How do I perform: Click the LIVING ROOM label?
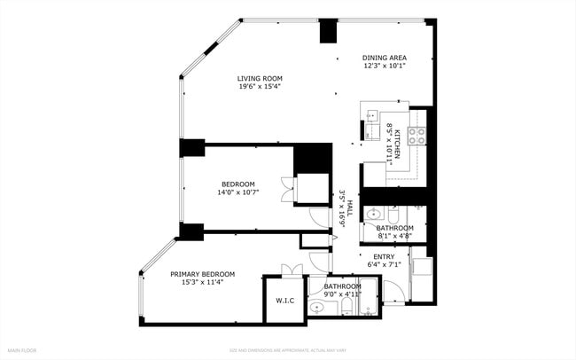coord(259,78)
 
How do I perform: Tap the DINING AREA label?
coord(384,59)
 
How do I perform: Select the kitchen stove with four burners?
coord(416,136)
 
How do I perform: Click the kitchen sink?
coord(372,115)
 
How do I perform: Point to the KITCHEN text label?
coord(398,144)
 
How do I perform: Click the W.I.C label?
coord(284,301)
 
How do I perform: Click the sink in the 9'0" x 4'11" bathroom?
coord(316,308)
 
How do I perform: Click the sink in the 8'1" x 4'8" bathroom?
coord(373,214)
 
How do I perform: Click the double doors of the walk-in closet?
coord(285,270)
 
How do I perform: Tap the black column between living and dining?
coord(328,30)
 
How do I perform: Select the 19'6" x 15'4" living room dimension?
coord(259,86)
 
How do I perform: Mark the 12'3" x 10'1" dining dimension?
coord(384,67)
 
